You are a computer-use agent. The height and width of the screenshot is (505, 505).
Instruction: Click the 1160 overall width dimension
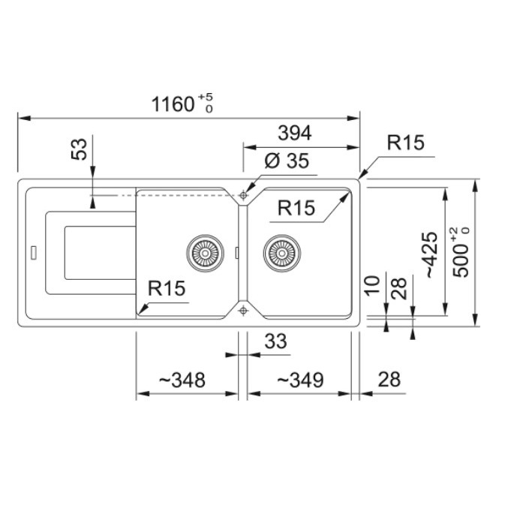(182, 104)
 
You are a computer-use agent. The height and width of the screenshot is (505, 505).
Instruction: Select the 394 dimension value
(295, 133)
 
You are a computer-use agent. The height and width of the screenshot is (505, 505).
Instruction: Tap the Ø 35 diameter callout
(287, 161)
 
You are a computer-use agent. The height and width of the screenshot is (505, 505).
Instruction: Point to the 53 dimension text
(80, 149)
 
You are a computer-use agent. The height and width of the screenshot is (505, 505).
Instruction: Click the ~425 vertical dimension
(432, 255)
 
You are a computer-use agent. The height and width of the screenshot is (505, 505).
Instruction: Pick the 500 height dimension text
(461, 252)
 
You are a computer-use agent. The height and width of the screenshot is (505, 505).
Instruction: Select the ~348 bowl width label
(182, 380)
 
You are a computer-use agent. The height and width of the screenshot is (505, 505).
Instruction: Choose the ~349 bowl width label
(300, 380)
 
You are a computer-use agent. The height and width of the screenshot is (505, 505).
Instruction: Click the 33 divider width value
(275, 341)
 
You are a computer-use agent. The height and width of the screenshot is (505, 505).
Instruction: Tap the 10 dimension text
(372, 285)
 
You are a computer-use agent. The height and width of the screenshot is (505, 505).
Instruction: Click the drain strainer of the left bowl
(205, 253)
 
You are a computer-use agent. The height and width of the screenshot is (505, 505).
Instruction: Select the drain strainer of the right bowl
(282, 253)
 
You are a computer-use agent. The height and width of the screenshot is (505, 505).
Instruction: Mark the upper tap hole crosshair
(243, 195)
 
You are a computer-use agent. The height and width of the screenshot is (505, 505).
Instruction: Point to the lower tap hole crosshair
(243, 311)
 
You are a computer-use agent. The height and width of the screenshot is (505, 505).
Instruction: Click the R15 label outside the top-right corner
(405, 143)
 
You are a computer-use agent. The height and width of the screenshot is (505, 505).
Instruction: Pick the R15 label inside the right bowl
(296, 208)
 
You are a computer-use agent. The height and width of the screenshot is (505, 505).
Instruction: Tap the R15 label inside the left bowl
(167, 288)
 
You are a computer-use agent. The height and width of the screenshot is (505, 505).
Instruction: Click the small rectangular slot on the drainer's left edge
(34, 253)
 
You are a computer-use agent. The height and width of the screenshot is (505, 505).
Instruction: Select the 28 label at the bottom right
(389, 380)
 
